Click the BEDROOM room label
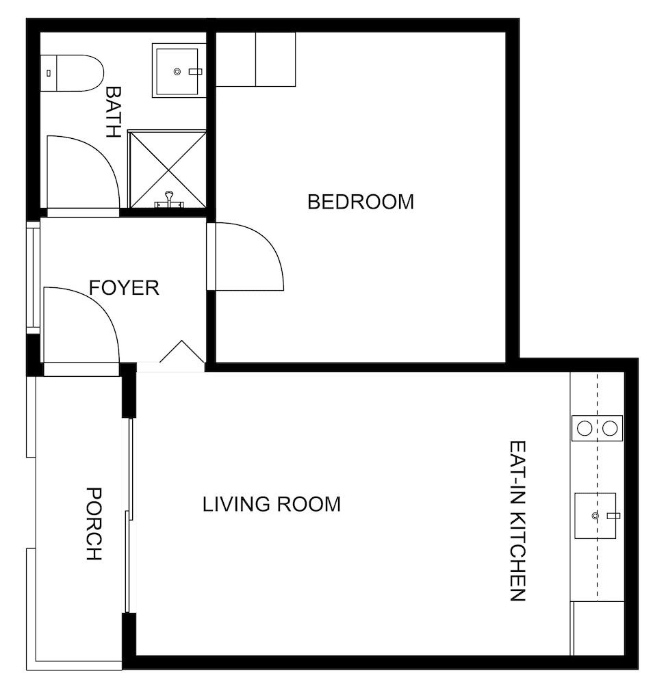(361, 202)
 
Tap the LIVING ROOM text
(272, 505)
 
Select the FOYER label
(124, 288)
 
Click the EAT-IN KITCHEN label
(517, 521)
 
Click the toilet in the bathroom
(71, 73)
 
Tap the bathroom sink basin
(178, 70)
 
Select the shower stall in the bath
(167, 169)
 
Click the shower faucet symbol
(168, 201)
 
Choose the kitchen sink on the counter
(595, 516)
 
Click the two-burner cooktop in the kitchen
(597, 428)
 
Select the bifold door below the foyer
(181, 354)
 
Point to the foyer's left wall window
(33, 277)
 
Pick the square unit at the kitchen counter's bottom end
(598, 629)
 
